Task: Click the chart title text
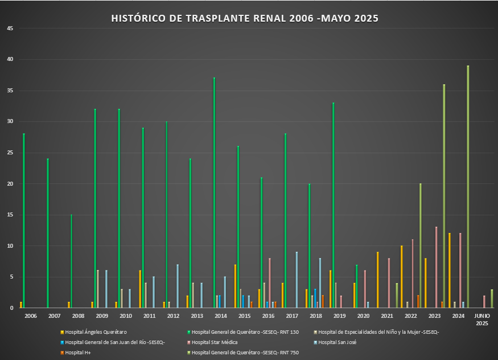pos(245,19)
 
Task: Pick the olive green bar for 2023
pos(444,196)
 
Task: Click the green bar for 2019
pos(333,205)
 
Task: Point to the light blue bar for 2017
pos(297,280)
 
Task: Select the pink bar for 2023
pos(436,267)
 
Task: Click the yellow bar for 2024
pos(449,271)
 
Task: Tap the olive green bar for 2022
pos(420,246)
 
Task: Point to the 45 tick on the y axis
pos(11,28)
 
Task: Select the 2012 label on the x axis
pos(173,316)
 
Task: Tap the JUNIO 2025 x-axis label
pos(481,319)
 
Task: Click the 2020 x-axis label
pos(363,316)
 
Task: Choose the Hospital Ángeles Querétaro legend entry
pos(96,332)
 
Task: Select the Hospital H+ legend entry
pos(78,353)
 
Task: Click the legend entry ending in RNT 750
pos(245,353)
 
